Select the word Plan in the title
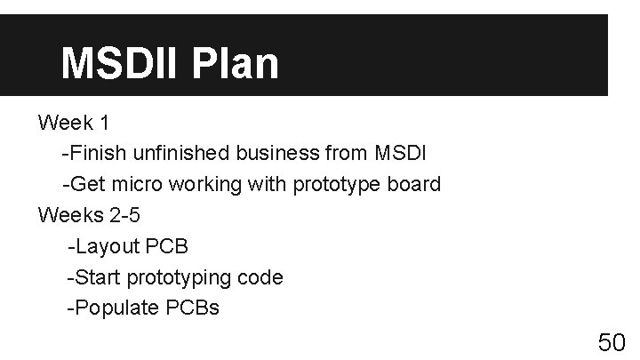point(240,64)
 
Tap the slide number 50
point(612,343)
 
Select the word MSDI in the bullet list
point(399,153)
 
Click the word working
point(206,184)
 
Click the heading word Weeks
point(67,215)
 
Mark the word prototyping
point(180,277)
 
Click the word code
point(260,277)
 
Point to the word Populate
point(118,308)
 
